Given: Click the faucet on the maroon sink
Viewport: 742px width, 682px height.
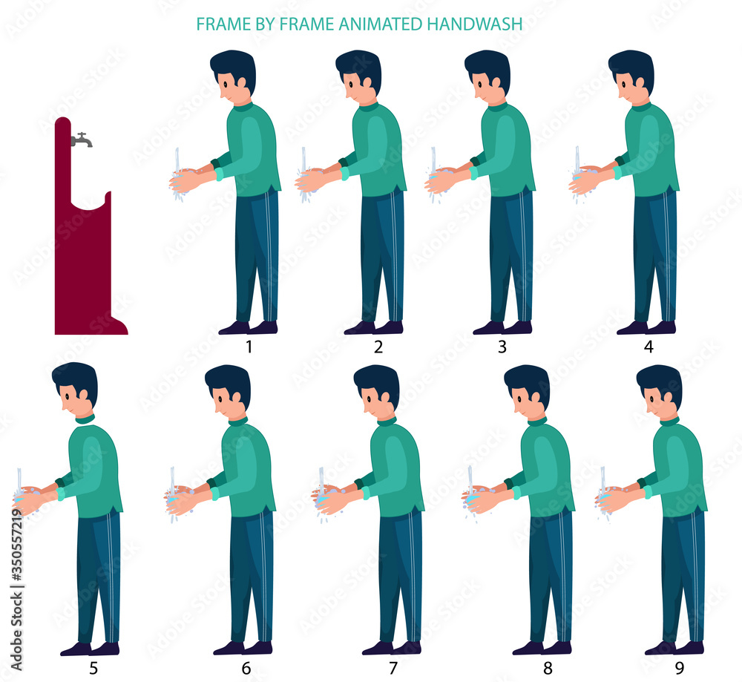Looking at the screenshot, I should (82, 139).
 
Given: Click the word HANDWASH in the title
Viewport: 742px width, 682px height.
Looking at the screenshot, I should (475, 24).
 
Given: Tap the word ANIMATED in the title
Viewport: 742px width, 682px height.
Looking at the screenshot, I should (379, 24).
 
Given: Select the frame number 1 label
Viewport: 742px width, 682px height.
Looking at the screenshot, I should (250, 347).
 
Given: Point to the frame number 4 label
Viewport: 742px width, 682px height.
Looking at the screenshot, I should (649, 347).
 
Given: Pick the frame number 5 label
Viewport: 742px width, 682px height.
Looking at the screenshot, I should (93, 668).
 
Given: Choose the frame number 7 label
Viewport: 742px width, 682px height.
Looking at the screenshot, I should (393, 668).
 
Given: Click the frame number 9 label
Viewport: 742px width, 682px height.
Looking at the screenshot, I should (678, 668).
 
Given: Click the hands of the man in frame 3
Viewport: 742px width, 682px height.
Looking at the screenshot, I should (442, 180).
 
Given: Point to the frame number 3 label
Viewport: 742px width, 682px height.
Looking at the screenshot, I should (502, 347).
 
